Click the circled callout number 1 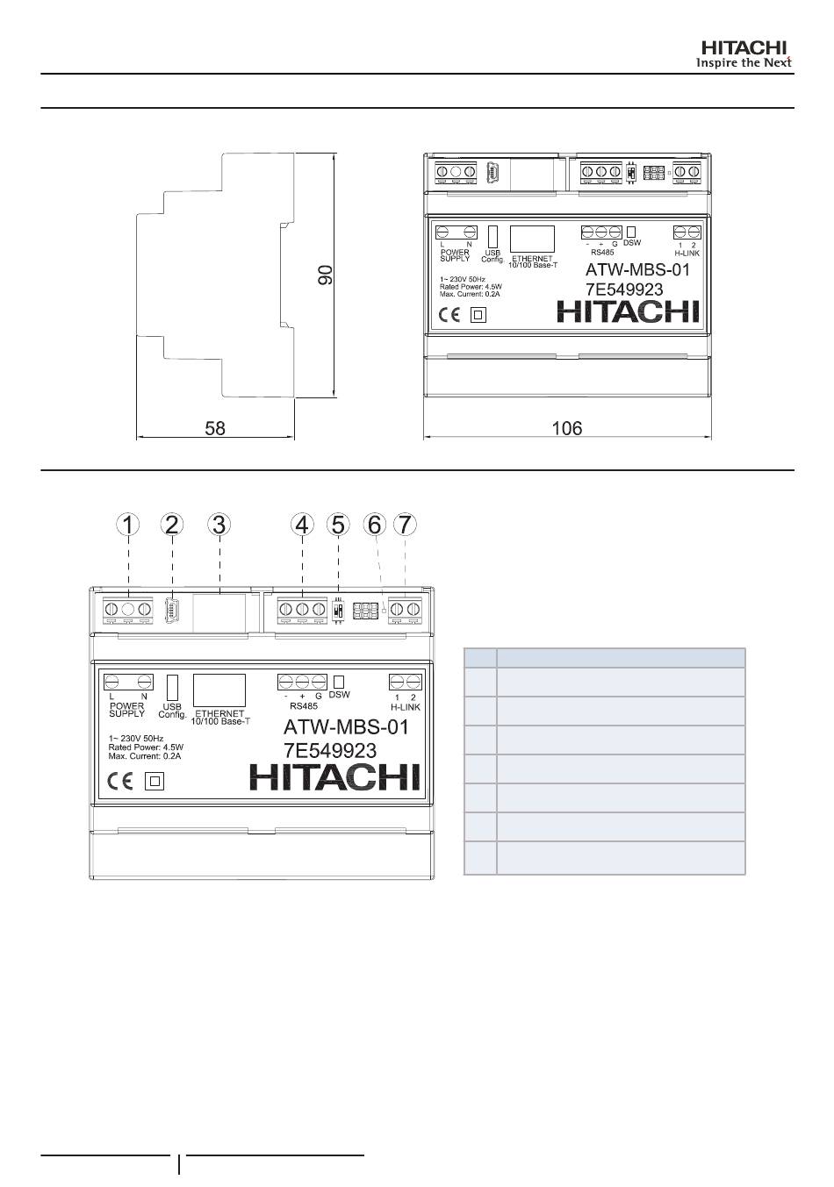pos(128,525)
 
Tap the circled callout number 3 pos(219,525)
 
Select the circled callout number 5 pos(338,525)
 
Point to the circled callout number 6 pos(375,525)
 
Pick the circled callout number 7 pos(405,525)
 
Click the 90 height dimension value pos(325,275)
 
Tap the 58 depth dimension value pos(215,428)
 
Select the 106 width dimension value pos(567,428)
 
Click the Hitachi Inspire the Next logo pos(744,54)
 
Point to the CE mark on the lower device pos(120,782)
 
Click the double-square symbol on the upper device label pos(478,315)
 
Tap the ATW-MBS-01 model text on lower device pos(346,727)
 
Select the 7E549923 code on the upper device pos(624,290)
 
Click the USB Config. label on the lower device pos(172,711)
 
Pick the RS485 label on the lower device pos(304,706)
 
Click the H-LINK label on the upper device pos(687,254)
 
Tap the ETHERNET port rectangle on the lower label pos(219,690)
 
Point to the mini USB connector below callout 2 pos(172,610)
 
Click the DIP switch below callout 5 pos(337,611)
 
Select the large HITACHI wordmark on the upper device pos(628,311)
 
